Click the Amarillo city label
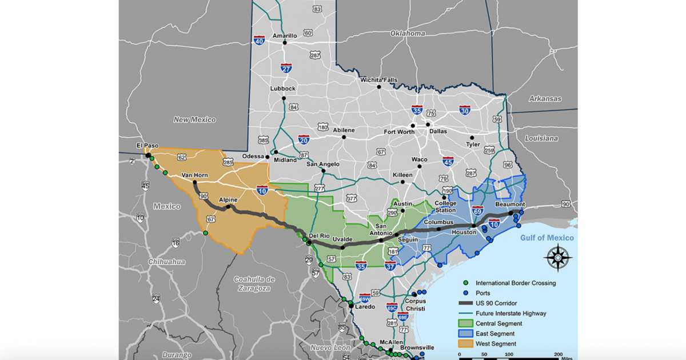285,35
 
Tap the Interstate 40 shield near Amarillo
259,41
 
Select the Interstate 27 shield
286,68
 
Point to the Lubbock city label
283,89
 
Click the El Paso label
147,146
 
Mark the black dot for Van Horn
194,182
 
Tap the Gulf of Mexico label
547,238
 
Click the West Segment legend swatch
466,344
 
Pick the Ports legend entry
484,293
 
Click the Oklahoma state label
408,33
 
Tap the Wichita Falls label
378,80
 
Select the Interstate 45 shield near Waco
448,162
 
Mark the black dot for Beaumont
511,213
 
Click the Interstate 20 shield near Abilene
304,139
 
